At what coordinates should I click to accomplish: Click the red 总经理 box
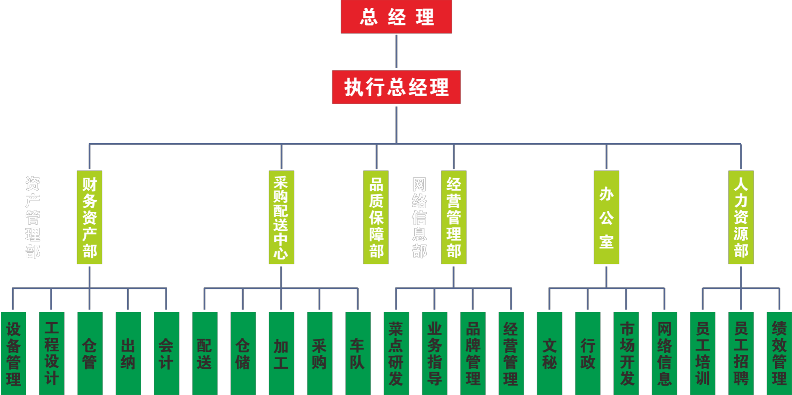[396, 16]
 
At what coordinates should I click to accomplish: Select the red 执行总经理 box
[396, 87]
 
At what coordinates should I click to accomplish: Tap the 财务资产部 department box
[90, 217]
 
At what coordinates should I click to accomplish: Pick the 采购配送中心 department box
[281, 217]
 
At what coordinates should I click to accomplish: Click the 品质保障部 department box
[376, 217]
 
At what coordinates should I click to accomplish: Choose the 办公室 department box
[606, 217]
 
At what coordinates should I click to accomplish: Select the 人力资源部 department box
[741, 217]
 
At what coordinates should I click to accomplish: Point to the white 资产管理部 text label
[33, 217]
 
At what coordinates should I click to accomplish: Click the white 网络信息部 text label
[419, 217]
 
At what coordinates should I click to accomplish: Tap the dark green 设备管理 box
[13, 353]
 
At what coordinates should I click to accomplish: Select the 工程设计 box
[52, 353]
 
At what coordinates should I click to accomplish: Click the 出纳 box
[128, 353]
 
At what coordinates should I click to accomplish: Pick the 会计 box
[167, 353]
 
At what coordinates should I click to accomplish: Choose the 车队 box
[358, 353]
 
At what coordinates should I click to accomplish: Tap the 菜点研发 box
[396, 353]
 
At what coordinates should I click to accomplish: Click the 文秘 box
[550, 353]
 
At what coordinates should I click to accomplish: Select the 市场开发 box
[626, 353]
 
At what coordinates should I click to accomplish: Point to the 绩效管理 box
[779, 353]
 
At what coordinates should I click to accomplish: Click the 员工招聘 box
[741, 353]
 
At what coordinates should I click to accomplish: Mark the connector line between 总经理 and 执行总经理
[396, 52]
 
